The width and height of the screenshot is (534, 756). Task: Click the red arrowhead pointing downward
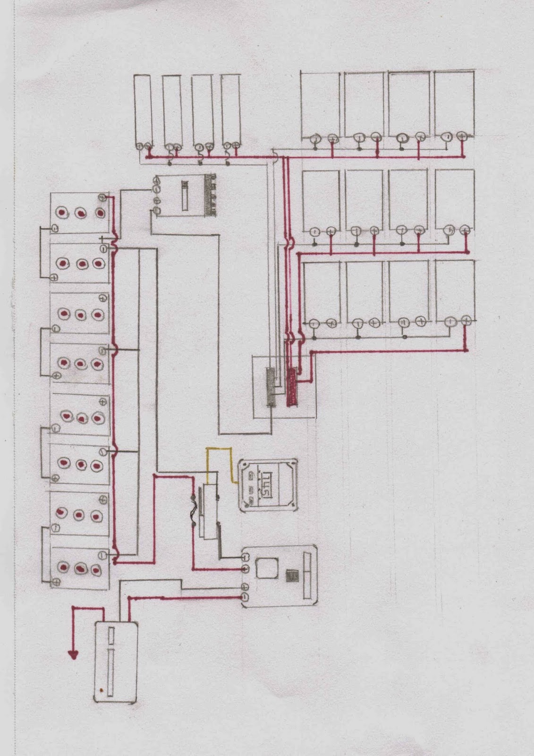click(73, 654)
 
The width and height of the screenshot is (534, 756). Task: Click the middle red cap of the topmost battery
click(81, 213)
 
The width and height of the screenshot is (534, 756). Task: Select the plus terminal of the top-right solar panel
click(462, 137)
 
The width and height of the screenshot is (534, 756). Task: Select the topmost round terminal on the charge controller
click(156, 180)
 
